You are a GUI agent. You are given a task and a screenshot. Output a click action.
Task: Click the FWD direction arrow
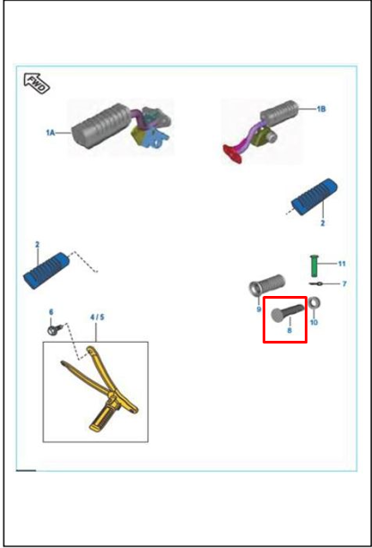(37, 84)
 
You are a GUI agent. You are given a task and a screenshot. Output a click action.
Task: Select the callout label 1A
(50, 133)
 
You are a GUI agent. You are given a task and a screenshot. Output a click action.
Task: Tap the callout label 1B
(321, 109)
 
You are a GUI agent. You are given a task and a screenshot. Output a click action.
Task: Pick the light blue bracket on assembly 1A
(159, 138)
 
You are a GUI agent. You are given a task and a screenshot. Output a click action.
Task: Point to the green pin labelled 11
(314, 265)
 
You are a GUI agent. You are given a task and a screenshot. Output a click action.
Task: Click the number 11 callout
(342, 264)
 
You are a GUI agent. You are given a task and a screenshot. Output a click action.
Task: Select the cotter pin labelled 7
(316, 283)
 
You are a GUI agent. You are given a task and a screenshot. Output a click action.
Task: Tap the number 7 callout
(344, 283)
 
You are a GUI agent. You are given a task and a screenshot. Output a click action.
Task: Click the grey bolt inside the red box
(288, 313)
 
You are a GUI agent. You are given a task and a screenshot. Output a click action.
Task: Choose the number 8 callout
(290, 330)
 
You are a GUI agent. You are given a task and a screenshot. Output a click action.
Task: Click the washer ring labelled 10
(315, 302)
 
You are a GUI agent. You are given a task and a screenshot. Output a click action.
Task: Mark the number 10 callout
(314, 322)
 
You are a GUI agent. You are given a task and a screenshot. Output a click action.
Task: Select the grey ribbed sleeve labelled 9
(267, 284)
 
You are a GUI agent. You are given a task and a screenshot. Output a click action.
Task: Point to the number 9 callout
(259, 309)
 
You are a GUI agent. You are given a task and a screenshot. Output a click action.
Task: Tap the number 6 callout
(51, 312)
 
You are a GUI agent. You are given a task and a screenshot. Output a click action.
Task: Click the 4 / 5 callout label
(97, 317)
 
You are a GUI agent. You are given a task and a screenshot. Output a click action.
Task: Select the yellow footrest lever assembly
(99, 388)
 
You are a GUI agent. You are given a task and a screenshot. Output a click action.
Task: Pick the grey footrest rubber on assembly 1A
(102, 126)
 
